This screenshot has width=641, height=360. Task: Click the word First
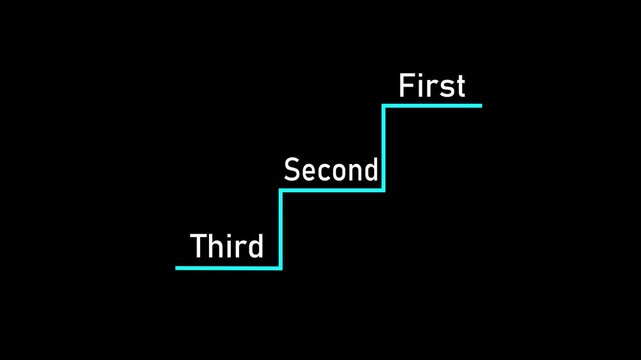(x=432, y=86)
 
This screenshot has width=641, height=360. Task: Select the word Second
(x=331, y=170)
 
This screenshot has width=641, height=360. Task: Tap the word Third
(x=227, y=246)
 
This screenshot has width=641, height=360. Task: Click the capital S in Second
(x=292, y=170)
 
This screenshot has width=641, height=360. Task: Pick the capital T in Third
(x=198, y=246)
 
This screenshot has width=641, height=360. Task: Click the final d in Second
(x=371, y=170)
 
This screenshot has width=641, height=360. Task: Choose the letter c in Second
(x=323, y=172)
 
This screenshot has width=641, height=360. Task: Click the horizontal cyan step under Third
(x=228, y=267)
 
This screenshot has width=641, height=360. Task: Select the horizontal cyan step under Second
(x=332, y=189)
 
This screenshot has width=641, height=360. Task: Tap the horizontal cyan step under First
(x=432, y=105)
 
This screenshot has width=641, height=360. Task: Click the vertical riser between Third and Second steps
(x=281, y=228)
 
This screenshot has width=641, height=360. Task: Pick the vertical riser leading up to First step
(x=384, y=147)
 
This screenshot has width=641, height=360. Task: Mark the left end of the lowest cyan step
(x=177, y=267)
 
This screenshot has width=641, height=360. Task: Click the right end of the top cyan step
(x=480, y=105)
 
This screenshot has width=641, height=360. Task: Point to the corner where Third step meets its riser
(x=281, y=267)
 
